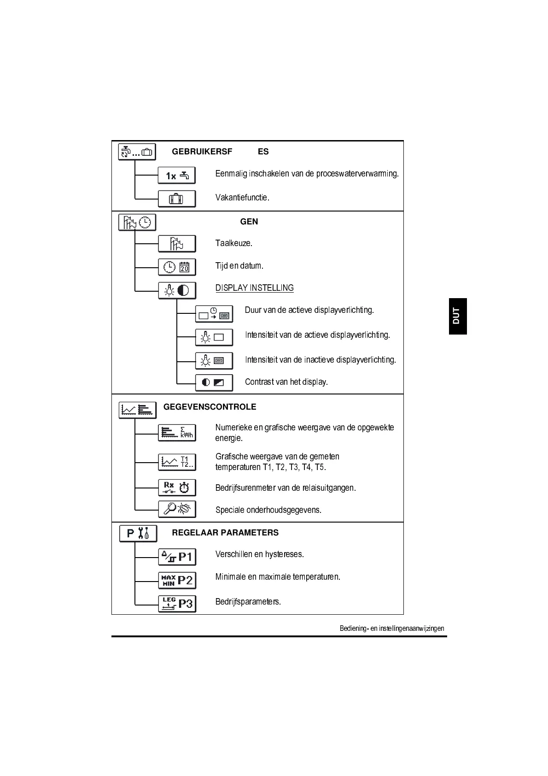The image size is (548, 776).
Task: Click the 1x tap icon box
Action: coord(177,176)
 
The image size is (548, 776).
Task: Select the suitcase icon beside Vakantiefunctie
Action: coord(177,199)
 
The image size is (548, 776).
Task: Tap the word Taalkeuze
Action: coord(233,243)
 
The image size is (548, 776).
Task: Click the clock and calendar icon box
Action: coord(177,267)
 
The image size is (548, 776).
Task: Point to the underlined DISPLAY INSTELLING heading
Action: coord(254,288)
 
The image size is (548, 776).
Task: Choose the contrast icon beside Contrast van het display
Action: coord(214,382)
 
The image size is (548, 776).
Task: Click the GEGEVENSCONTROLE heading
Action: coord(210,407)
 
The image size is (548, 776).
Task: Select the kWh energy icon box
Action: coord(177,433)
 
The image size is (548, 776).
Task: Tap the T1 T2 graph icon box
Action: coord(177,462)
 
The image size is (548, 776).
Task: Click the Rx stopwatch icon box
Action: coord(177,488)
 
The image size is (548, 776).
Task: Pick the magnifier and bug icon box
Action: coord(177,509)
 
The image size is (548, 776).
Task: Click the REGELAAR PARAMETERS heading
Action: coord(225,533)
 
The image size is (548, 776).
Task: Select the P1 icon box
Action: coord(177,557)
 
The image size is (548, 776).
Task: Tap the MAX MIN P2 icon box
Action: coord(177,580)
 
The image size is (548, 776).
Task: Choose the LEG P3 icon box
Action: coord(177,604)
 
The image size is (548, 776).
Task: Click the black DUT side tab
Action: coord(457,316)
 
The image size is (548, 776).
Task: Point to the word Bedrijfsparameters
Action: coord(248,602)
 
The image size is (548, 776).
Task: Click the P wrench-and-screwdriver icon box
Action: coord(138,534)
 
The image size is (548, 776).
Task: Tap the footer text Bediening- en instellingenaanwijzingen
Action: coord(392,629)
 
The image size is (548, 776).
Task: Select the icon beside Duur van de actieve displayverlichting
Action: coord(214,314)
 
